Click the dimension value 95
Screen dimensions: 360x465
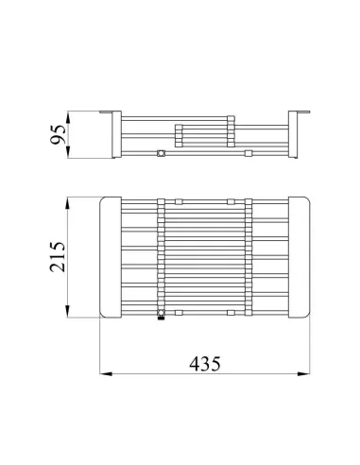pos(58,134)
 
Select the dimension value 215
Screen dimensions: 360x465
pos(58,257)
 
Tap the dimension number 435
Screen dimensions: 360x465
pos(205,364)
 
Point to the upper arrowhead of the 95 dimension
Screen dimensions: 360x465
pos(68,118)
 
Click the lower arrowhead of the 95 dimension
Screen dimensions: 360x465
pos(68,151)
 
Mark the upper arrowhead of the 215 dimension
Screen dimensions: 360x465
pos(67,204)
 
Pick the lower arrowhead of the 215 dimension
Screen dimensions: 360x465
pos(67,311)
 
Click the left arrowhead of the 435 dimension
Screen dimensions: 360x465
pos(106,374)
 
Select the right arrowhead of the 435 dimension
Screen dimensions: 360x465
pos(303,374)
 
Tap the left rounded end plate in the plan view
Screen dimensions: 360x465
pos(111,258)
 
